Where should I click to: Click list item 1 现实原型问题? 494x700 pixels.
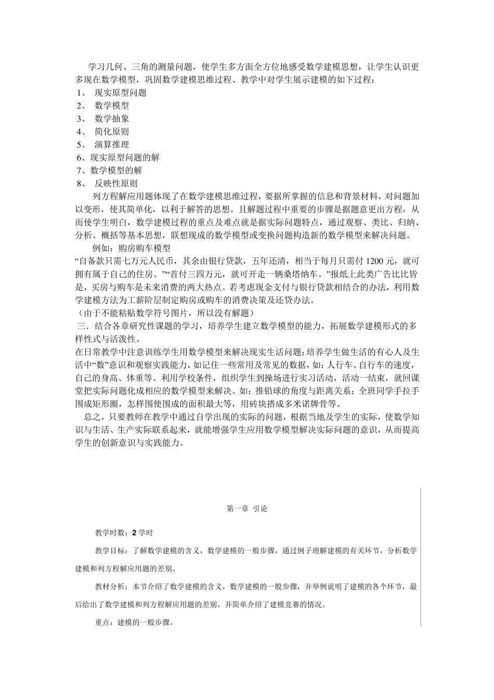click(120, 93)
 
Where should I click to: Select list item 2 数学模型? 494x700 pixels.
click(112, 106)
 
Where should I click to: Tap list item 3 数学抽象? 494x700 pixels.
click(112, 119)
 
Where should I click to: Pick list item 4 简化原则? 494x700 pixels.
click(112, 132)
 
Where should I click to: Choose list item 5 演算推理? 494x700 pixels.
click(112, 145)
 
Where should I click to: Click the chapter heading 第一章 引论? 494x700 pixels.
click(247, 509)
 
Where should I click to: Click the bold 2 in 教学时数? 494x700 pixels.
click(134, 533)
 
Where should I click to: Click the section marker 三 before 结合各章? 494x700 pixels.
click(81, 326)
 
